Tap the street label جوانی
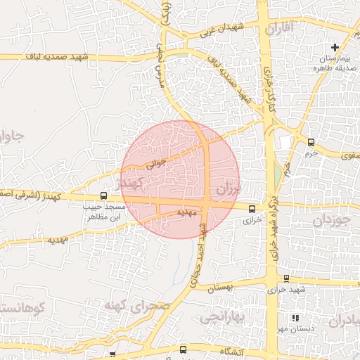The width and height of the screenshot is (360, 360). click(155, 163)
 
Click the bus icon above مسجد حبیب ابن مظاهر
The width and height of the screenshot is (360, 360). click(104, 196)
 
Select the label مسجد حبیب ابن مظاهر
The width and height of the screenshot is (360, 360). click(105, 212)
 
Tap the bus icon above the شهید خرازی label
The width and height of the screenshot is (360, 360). click(286, 279)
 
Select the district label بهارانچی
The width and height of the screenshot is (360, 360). click(220, 317)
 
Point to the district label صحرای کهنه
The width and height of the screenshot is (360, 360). click(138, 304)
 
